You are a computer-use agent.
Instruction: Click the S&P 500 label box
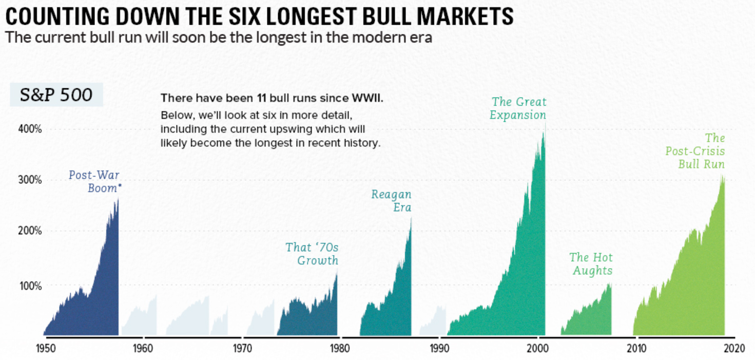56,95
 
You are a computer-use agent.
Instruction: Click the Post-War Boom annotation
95,182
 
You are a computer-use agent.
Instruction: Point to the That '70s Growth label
313,254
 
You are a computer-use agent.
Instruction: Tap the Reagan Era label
392,201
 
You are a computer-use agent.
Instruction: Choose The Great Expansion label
518,108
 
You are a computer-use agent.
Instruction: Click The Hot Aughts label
591,264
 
